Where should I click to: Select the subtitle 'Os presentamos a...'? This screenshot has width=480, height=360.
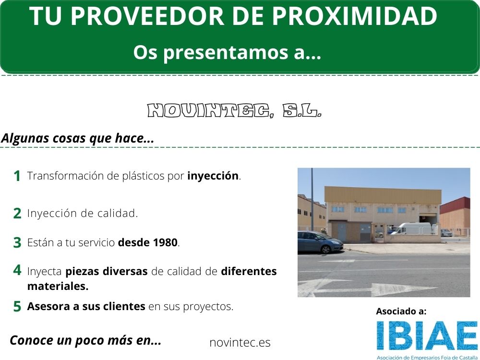click(x=227, y=52)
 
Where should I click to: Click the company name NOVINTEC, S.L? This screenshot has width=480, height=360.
click(x=234, y=111)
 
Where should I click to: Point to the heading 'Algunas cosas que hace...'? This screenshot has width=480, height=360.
click(x=77, y=138)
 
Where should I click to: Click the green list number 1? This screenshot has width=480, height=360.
click(x=17, y=176)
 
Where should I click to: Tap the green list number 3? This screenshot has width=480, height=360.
click(x=17, y=243)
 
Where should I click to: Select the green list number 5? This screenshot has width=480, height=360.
click(x=17, y=306)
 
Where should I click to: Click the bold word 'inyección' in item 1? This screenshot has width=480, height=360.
click(x=213, y=176)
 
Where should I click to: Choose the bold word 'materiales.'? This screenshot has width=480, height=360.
click(x=58, y=286)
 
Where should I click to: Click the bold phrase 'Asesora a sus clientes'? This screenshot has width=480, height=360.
click(x=86, y=306)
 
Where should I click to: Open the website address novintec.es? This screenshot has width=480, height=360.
click(x=240, y=343)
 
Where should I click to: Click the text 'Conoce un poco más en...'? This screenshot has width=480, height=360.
click(x=85, y=340)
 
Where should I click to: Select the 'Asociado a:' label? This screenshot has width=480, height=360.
click(x=401, y=311)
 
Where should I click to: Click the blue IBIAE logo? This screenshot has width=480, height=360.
click(x=427, y=336)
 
